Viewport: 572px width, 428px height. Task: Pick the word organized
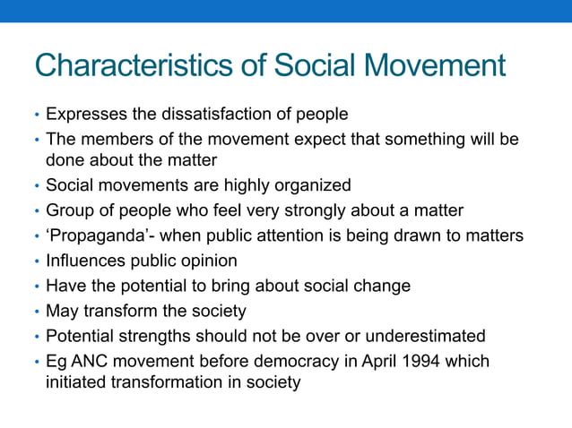(x=313, y=185)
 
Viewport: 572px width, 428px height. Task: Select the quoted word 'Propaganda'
(x=91, y=235)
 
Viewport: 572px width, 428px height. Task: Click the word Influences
(x=85, y=261)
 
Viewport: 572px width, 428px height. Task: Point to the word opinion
(x=208, y=261)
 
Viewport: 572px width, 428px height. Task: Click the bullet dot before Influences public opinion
(x=37, y=261)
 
